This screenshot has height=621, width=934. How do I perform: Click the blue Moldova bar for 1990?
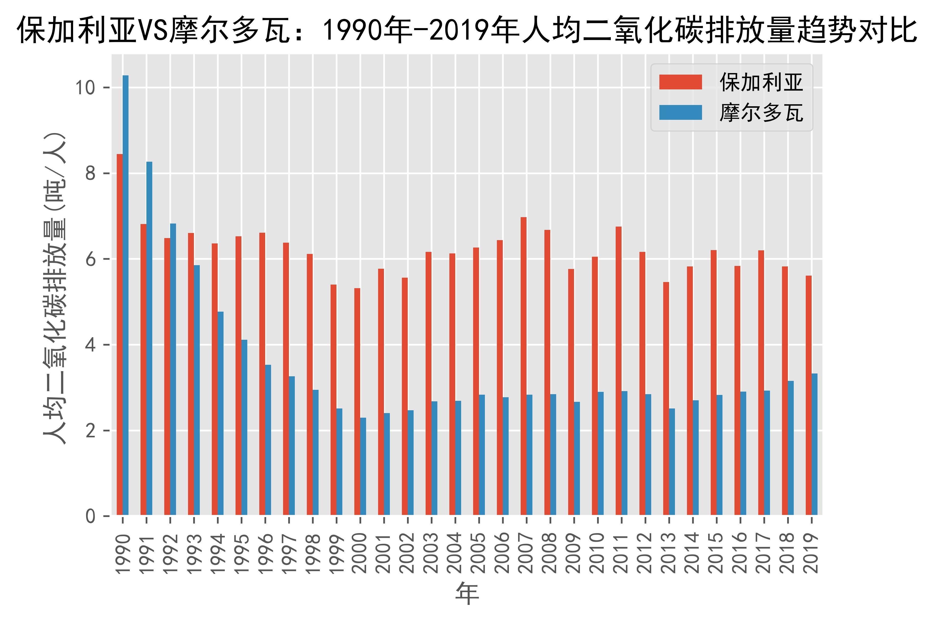click(125, 295)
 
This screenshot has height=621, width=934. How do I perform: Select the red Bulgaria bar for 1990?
click(120, 335)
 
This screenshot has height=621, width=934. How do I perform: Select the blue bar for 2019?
click(814, 444)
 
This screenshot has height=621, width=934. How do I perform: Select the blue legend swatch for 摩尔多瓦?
click(680, 112)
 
